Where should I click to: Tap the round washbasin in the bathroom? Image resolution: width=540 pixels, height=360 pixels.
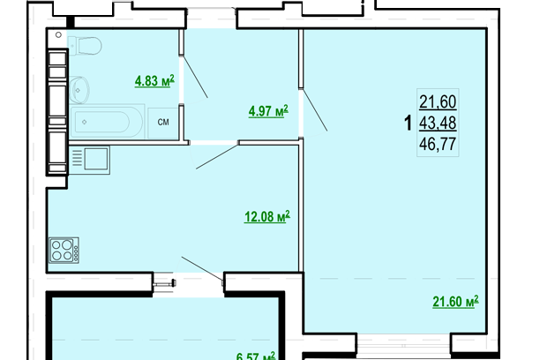pos(82,86)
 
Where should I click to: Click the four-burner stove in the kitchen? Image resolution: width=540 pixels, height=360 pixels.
pos(64,250)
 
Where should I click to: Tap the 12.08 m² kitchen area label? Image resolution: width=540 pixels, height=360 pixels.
pos(267,215)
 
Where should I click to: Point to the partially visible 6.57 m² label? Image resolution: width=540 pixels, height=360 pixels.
pos(257,355)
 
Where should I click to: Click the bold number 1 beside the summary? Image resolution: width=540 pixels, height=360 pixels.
pos(408,124)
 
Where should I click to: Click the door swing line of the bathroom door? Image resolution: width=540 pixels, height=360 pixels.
pos(196,79)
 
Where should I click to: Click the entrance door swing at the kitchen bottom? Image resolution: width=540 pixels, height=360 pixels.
pos(201,266)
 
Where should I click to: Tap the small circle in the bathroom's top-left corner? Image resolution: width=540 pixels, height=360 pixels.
pos(57,36)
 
